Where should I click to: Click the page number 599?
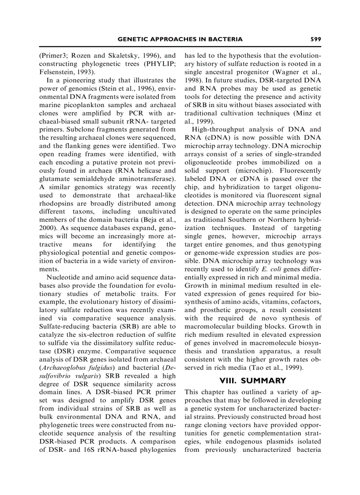click(x=315, y=39)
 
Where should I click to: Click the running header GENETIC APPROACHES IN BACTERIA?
click(x=180, y=39)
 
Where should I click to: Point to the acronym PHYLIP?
click(x=163, y=64)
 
